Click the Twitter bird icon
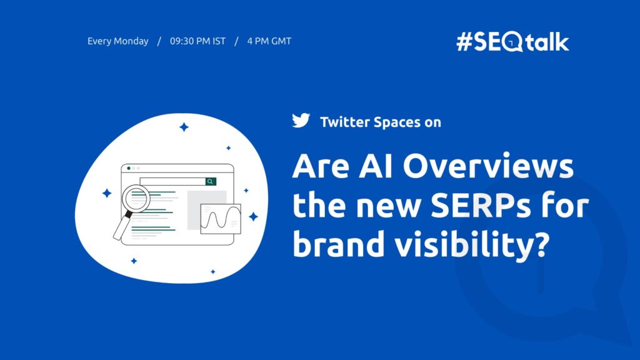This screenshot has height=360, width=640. click(301, 121)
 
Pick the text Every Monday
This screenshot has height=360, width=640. click(118, 41)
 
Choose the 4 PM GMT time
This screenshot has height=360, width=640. click(269, 41)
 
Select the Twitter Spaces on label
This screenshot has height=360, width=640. click(380, 122)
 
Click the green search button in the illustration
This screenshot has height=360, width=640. click(211, 181)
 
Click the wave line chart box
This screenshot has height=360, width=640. click(221, 219)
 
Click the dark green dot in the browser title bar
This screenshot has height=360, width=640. click(129, 168)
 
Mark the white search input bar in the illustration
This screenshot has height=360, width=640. click(172, 181)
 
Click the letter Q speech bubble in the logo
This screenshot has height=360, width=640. click(513, 42)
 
